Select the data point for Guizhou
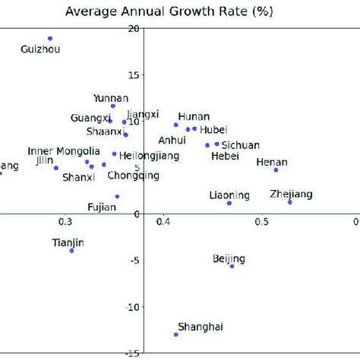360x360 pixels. pos(50,38)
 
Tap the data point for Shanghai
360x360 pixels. pos(176,334)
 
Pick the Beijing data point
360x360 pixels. pos(232,266)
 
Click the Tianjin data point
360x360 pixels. pos(72,251)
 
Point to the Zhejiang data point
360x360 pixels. pos(290,202)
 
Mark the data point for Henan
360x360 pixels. pos(276,170)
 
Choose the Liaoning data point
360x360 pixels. pos(229,203)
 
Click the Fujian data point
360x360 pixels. pos(117,196)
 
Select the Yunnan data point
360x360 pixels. pos(113,106)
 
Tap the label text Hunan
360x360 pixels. pos(193,115)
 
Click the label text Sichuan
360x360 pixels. pos(240,144)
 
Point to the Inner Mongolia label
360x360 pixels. pos(64,151)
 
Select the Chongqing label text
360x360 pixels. pos(134,175)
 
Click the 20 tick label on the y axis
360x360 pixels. pos(134,28)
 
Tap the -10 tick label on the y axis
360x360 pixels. pos(131,307)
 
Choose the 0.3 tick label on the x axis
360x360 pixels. pos(65,221)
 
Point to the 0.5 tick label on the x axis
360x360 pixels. pos(261,221)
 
